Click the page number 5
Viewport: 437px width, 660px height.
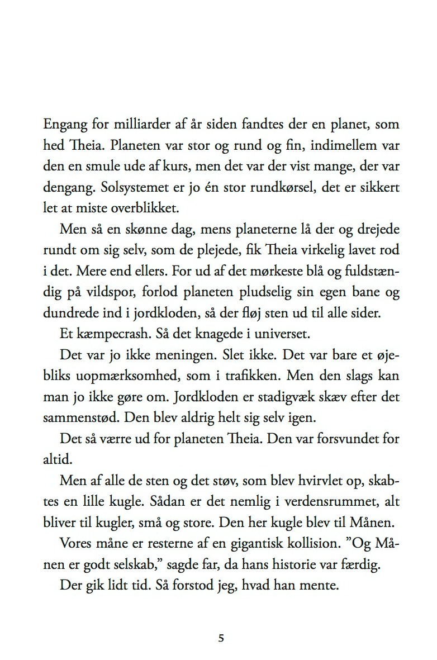[x=221, y=638]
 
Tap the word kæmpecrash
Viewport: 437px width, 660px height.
[x=112, y=334]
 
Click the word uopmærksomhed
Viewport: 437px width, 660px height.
[x=132, y=376]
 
